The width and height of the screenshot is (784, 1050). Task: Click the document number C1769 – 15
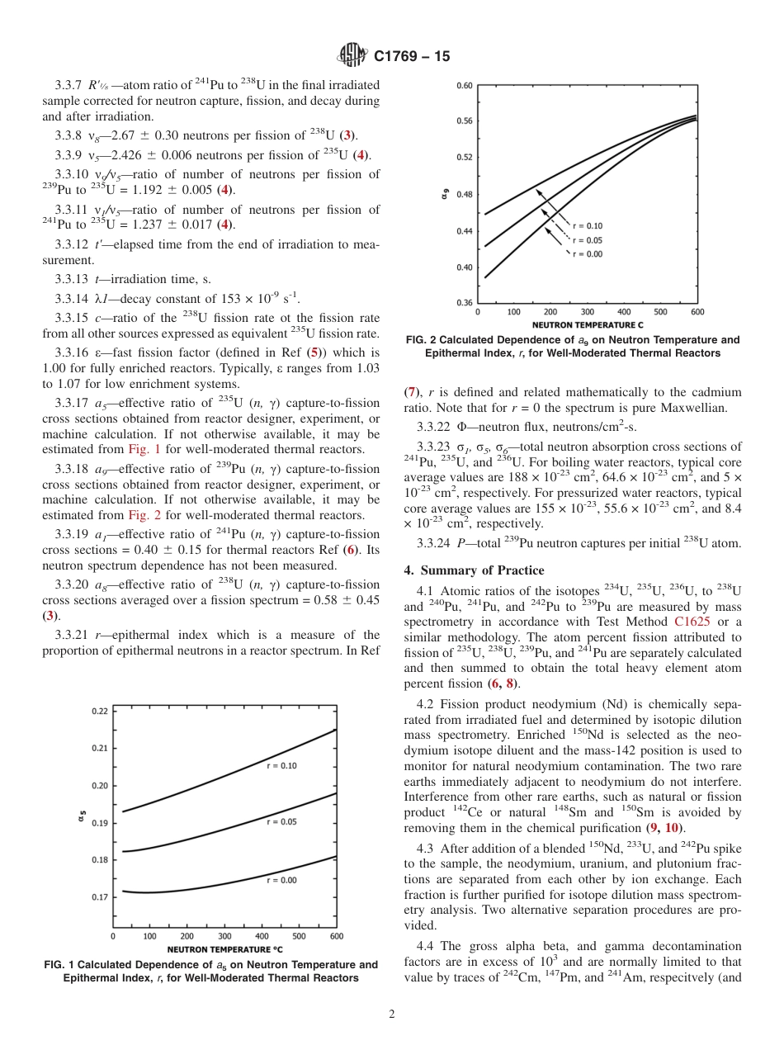[412, 56]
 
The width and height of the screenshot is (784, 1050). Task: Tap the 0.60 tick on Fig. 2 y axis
[464, 85]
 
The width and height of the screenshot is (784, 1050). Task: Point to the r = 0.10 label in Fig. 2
[588, 225]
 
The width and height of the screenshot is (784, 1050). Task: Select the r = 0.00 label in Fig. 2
[588, 253]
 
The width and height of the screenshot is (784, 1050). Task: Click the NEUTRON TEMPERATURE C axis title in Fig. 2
[588, 324]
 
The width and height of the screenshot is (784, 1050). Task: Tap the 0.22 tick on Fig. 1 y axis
[98, 711]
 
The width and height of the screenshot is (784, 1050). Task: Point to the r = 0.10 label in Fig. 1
[281, 765]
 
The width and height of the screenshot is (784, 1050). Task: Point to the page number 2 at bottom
[392, 1015]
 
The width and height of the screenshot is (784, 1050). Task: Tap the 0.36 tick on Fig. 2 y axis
[464, 303]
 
